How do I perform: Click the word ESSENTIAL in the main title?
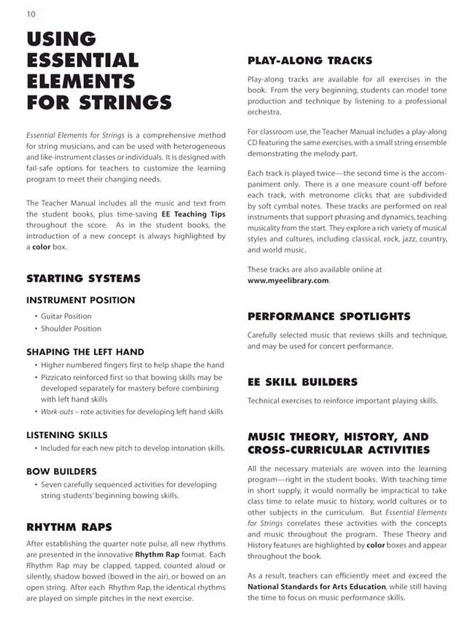(x=82, y=60)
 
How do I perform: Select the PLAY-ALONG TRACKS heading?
(x=309, y=61)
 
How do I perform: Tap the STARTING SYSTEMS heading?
(x=83, y=279)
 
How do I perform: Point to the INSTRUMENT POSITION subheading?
(x=80, y=300)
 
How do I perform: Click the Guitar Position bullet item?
(x=66, y=316)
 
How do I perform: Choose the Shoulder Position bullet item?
(x=71, y=329)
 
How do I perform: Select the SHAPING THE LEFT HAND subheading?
(x=85, y=351)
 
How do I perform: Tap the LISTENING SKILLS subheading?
(x=66, y=435)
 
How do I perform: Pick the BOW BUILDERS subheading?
(x=61, y=471)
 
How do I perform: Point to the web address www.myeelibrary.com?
(x=288, y=281)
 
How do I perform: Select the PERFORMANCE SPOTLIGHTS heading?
(x=328, y=316)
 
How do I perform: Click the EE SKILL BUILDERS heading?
(x=302, y=382)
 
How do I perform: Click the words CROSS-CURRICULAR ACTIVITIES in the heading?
(x=339, y=450)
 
